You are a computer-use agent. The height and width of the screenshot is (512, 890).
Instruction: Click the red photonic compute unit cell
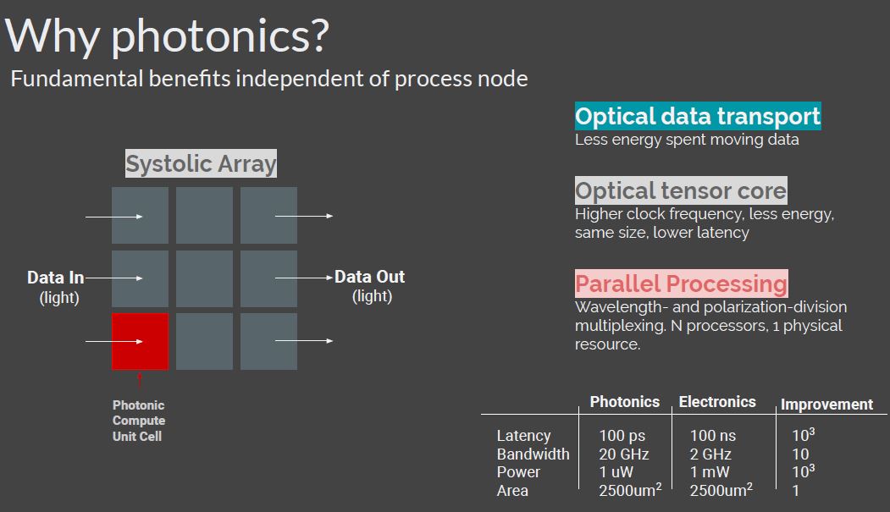(140, 341)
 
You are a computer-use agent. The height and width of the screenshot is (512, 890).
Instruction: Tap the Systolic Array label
(201, 163)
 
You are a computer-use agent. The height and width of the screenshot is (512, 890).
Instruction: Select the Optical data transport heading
(698, 116)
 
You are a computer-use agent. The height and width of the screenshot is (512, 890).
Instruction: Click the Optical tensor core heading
(681, 190)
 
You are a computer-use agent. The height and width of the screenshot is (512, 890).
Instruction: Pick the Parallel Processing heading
(681, 284)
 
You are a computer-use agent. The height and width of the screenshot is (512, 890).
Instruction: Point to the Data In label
(56, 278)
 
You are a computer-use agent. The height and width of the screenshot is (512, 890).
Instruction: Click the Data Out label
(369, 277)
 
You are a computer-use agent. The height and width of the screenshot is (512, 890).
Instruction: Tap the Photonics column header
(624, 401)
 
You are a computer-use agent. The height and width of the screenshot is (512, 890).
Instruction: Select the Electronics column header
(717, 401)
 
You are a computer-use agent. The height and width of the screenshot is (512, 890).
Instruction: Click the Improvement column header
(826, 405)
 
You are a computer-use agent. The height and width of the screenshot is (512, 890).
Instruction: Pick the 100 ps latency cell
(622, 436)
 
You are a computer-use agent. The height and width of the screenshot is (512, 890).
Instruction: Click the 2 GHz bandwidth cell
(710, 454)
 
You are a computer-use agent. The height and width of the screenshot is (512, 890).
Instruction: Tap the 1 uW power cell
(616, 471)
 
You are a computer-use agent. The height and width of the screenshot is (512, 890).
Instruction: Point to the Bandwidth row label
(533, 454)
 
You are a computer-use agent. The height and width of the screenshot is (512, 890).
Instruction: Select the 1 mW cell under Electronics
(710, 471)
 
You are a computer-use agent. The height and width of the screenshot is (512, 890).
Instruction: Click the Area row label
(512, 491)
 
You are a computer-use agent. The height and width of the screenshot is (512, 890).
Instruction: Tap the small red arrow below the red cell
(140, 380)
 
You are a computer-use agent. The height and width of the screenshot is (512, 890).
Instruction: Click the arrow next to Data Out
(304, 278)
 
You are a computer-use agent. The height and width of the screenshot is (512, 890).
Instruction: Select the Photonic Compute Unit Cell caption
(139, 421)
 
